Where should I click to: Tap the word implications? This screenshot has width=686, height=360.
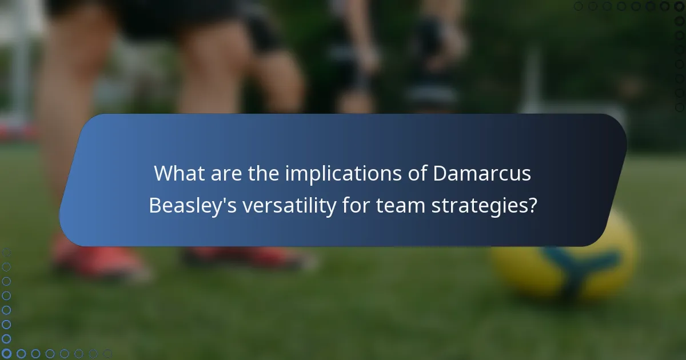tap(338, 174)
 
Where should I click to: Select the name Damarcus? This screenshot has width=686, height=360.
tap(482, 174)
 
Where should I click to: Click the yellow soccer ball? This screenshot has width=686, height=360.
tap(563, 254)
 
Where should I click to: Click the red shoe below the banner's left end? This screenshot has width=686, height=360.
tap(97, 260)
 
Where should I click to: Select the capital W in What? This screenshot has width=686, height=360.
tap(164, 174)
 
